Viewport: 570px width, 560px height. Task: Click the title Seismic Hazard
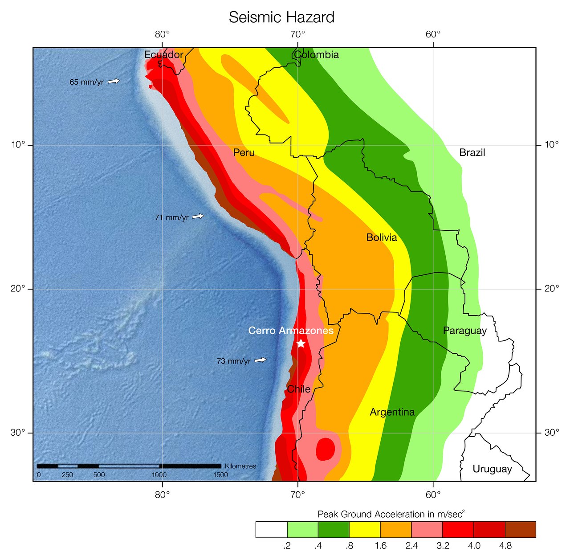[281, 17]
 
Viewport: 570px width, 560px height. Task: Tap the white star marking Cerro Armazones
[301, 343]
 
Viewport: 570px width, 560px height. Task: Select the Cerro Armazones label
[291, 331]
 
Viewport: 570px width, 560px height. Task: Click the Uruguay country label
[492, 469]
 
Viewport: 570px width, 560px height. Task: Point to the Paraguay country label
[464, 331]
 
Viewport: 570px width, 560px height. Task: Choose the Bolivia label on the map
[381, 237]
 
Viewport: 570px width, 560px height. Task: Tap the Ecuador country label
[164, 55]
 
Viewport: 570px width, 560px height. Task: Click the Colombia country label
[316, 55]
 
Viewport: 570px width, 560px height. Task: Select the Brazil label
[472, 153]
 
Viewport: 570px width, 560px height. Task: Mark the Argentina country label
[392, 412]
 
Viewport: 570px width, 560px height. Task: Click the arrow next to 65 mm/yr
[114, 81]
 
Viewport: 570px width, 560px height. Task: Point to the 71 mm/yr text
[171, 218]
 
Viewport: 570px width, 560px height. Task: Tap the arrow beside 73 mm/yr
[261, 360]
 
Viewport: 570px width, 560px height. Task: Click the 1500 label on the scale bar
[220, 475]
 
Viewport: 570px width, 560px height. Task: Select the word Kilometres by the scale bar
[240, 466]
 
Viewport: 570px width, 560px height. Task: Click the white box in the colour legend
[271, 530]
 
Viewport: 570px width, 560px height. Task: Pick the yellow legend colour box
[365, 530]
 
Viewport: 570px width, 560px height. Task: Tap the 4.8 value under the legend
[505, 546]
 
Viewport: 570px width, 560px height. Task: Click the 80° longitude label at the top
[163, 34]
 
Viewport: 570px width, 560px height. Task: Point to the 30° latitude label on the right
[552, 433]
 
